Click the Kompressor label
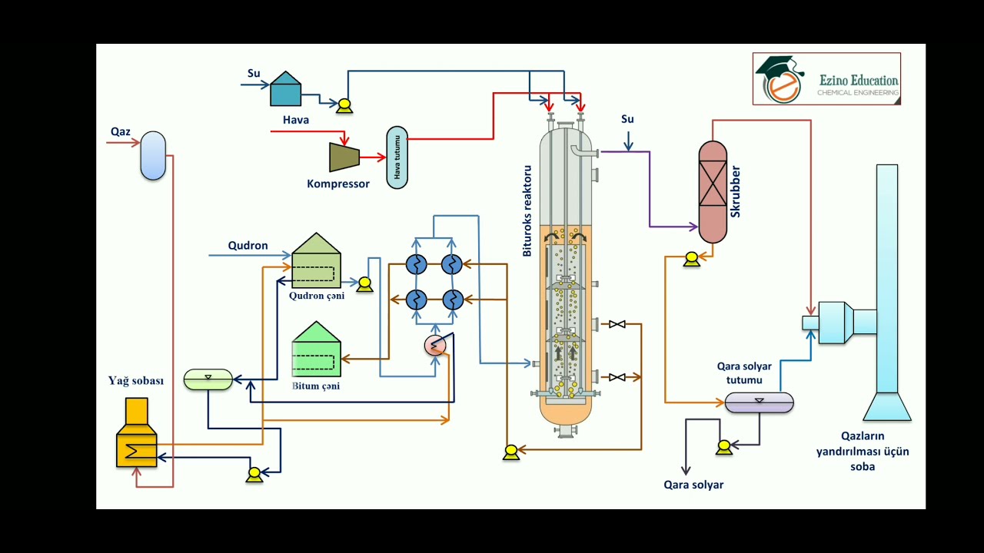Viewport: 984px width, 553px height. click(338, 184)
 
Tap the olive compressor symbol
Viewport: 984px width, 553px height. click(343, 157)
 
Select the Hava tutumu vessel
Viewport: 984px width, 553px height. click(397, 157)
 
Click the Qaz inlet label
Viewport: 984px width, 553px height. click(120, 132)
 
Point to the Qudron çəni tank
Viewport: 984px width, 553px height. click(316, 261)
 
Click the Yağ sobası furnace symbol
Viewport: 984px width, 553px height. click(136, 433)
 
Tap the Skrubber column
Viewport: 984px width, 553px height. click(713, 192)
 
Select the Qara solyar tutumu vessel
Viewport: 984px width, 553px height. click(760, 402)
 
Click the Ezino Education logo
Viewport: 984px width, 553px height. click(826, 79)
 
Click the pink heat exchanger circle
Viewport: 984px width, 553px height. click(435, 346)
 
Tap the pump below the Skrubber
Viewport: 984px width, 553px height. click(691, 260)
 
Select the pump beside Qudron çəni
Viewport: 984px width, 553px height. click(364, 285)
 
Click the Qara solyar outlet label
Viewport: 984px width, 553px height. click(693, 485)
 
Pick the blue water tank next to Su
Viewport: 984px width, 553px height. click(285, 89)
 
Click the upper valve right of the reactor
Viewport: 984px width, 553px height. click(617, 325)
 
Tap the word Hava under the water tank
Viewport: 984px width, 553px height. click(296, 120)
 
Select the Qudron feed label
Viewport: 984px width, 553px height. click(248, 246)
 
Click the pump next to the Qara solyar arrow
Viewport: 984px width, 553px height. click(723, 447)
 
